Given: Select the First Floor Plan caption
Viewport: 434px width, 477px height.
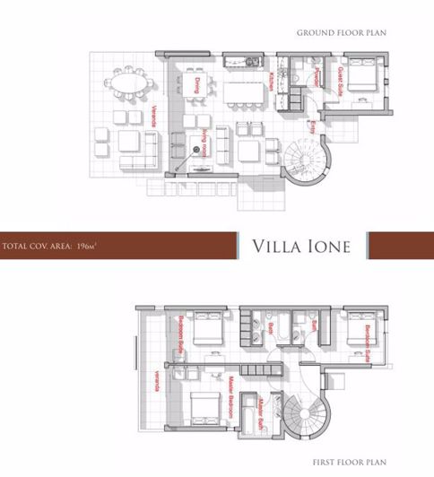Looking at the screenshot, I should pos(349,463).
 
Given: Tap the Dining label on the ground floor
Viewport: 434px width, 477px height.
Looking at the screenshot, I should pos(195,85).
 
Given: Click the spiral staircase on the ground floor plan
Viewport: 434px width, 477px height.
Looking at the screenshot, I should pos(301,162).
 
